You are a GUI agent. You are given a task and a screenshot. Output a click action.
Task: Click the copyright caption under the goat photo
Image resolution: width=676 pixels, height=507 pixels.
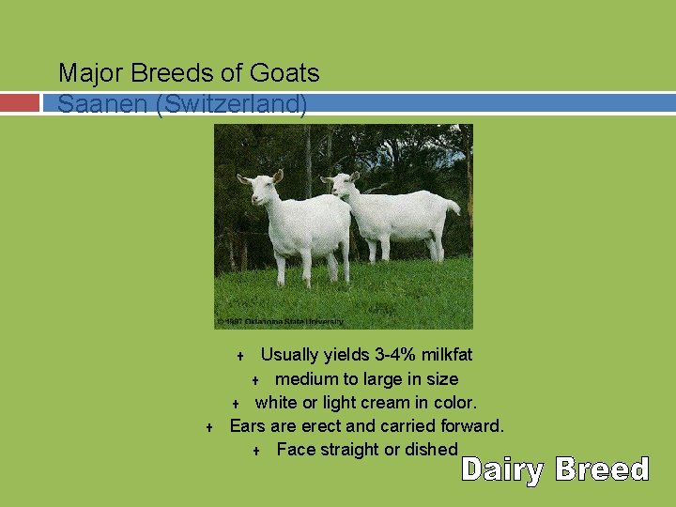pos(280,321)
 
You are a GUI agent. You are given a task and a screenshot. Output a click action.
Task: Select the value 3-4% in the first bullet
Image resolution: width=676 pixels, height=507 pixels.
pos(379,355)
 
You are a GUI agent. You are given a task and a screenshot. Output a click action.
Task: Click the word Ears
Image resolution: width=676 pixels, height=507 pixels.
pos(248,426)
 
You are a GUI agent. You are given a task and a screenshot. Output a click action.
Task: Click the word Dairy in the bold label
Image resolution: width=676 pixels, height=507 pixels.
pos(502,469)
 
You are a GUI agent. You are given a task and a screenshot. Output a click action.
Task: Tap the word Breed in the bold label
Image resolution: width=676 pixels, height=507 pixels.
pos(602,469)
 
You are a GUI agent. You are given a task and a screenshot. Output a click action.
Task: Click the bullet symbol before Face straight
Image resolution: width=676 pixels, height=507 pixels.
pos(256,452)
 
